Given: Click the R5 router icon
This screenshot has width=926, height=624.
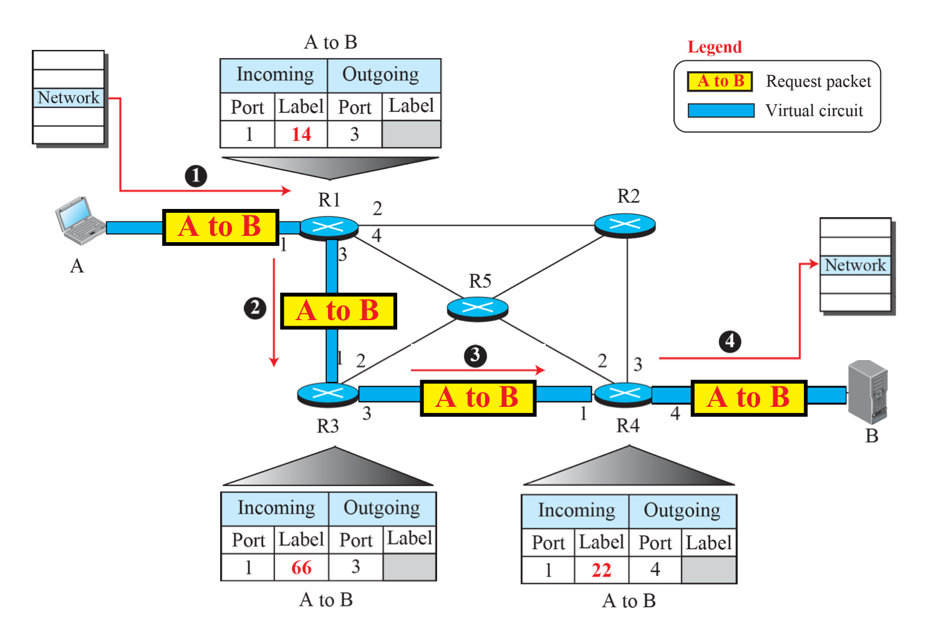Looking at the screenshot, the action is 478,308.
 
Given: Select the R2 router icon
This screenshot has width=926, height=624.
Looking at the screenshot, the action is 625,225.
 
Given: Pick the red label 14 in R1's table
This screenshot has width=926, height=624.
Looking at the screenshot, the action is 301,135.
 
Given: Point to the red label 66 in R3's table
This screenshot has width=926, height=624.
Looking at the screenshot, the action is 301,567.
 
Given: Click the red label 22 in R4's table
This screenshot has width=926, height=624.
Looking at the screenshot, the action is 601,570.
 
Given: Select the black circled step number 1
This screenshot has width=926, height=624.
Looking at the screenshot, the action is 196,176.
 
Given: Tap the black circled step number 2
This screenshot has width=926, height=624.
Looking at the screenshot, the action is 254,308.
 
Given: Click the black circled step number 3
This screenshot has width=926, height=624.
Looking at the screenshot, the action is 475,356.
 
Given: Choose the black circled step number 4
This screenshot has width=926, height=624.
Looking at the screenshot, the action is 730,341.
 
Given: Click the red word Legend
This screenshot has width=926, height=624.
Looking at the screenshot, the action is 715,47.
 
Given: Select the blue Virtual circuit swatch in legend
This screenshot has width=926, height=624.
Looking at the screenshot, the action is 721,110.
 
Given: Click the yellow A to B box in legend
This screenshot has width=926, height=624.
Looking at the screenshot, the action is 720,81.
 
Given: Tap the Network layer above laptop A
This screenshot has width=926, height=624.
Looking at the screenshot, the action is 68,97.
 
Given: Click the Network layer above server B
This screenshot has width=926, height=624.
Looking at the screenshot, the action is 856,265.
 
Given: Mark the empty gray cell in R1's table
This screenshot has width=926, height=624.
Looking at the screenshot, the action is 412,134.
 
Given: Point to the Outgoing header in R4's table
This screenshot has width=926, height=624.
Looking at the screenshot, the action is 682,510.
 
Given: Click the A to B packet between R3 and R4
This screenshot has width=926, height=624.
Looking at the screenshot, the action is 478,398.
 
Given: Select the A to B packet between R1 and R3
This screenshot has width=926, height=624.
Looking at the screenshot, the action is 339,311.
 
